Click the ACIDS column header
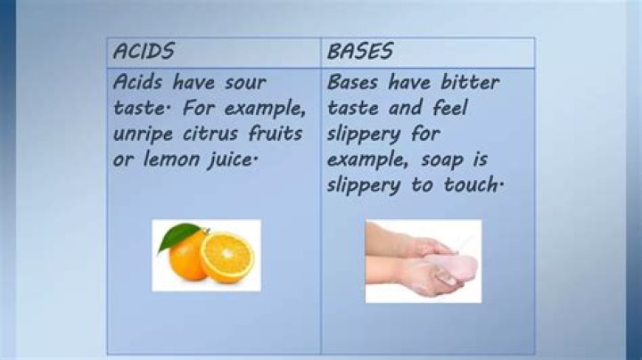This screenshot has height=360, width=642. pyautogui.click(x=144, y=51)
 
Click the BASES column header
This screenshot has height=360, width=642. pyautogui.click(x=360, y=51)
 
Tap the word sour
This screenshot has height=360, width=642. pyautogui.click(x=246, y=83)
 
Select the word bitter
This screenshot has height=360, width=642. pyautogui.click(x=471, y=82)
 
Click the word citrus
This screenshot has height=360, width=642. pyautogui.click(x=210, y=134)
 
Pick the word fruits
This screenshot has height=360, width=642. pyautogui.click(x=276, y=133)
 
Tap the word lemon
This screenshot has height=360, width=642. pyautogui.click(x=170, y=159)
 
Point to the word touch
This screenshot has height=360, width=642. pyautogui.click(x=472, y=184)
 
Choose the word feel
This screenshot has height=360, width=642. pyautogui.click(x=450, y=108)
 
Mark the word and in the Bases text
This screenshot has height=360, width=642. pyautogui.click(x=406, y=108)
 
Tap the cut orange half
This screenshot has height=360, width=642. pyautogui.click(x=227, y=258)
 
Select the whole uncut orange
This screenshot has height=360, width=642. pyautogui.click(x=187, y=256)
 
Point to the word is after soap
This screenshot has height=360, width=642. pyautogui.click(x=481, y=160)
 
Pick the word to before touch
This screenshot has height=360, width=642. pyautogui.click(x=422, y=185)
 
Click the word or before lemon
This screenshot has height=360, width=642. pyautogui.click(x=123, y=160)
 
